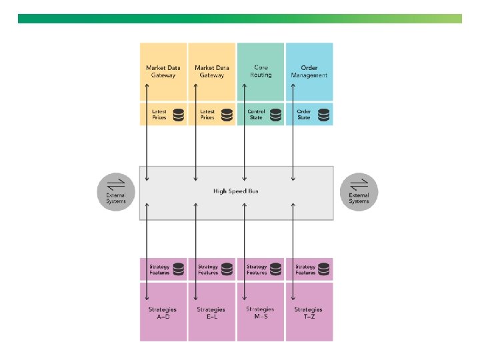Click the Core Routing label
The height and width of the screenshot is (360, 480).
261,71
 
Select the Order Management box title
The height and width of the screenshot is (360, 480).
309,71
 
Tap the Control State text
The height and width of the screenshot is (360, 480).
256,115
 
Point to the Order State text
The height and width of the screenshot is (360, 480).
304,115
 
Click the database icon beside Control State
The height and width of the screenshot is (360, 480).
276,115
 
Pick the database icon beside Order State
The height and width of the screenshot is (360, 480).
324,115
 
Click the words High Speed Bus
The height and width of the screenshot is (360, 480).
235,191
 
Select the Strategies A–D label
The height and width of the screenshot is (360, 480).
163,313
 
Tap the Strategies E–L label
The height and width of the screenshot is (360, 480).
211,313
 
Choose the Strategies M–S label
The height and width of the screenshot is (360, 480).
260,313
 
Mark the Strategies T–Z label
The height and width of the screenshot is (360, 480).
309,313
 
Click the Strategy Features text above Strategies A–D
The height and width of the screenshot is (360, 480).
159,270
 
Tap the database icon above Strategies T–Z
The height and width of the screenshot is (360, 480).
325,269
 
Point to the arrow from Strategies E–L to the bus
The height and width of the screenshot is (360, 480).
196,247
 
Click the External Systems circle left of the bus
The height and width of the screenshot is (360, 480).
116,192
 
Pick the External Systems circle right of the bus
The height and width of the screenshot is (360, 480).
359,192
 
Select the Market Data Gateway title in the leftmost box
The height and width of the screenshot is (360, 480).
163,71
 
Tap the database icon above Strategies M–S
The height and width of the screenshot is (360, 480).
276,269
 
